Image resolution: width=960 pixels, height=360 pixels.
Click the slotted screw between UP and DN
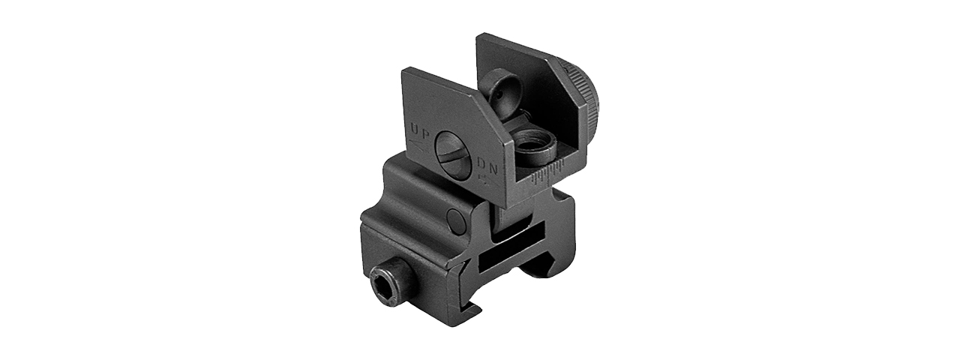(x=453, y=154)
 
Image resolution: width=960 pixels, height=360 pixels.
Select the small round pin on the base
(x=454, y=219)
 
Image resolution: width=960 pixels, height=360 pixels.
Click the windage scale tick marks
(x=545, y=172)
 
